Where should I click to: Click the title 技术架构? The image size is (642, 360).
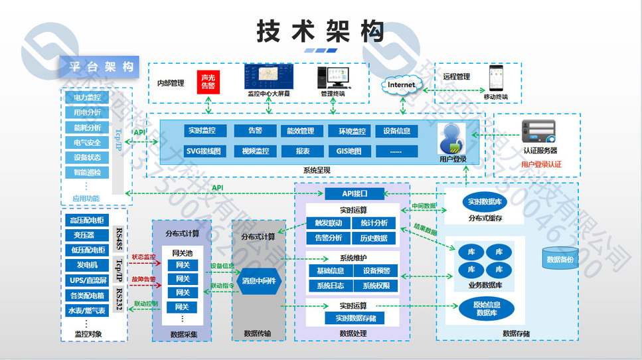pos(321,31)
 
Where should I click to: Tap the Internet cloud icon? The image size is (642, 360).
pos(401,85)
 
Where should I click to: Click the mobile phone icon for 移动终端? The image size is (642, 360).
pos(495,78)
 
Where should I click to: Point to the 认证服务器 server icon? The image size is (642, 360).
pos(538,132)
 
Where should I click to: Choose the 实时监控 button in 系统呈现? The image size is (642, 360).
pos(206,131)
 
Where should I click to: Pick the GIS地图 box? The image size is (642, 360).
pos(349,151)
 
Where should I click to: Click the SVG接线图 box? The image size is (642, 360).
pos(206,151)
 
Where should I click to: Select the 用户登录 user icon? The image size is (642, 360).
pos(453,138)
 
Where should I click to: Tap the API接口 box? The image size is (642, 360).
pos(355,194)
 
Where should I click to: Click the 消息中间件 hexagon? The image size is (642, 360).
pos(258,280)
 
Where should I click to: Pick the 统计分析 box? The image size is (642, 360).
pos(374,223)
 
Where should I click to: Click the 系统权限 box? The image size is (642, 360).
pos(376,286)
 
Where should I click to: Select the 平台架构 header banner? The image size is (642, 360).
pos(100,66)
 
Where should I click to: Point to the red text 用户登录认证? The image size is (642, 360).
pos(541,164)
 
